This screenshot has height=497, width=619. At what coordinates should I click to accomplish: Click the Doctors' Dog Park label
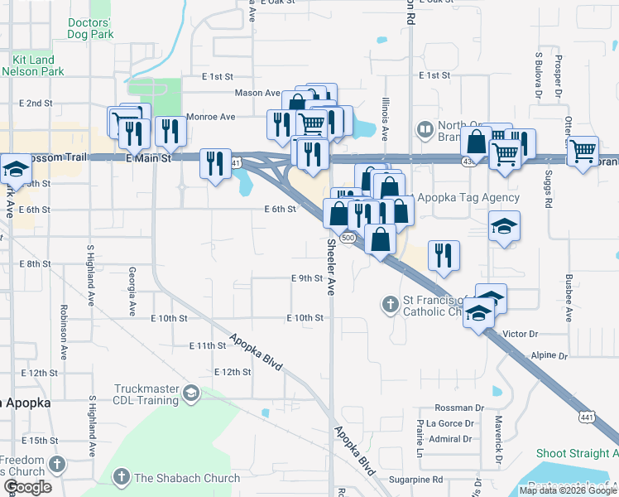point(89,28)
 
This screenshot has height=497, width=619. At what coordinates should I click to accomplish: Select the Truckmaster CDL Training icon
point(192,393)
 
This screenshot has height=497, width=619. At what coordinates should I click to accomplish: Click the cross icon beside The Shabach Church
point(121,477)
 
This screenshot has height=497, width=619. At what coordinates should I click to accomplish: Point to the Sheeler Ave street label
point(331,268)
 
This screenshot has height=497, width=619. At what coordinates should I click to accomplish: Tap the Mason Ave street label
point(257,94)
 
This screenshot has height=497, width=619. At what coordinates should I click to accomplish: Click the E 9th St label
point(306,278)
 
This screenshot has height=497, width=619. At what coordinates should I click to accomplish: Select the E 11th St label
point(207,345)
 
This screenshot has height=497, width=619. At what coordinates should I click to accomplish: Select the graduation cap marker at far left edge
point(12,170)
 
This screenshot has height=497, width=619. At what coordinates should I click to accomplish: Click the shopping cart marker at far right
point(583,151)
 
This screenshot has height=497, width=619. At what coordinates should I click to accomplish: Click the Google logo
point(27,487)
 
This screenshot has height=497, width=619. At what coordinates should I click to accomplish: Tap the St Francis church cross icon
point(390,304)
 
